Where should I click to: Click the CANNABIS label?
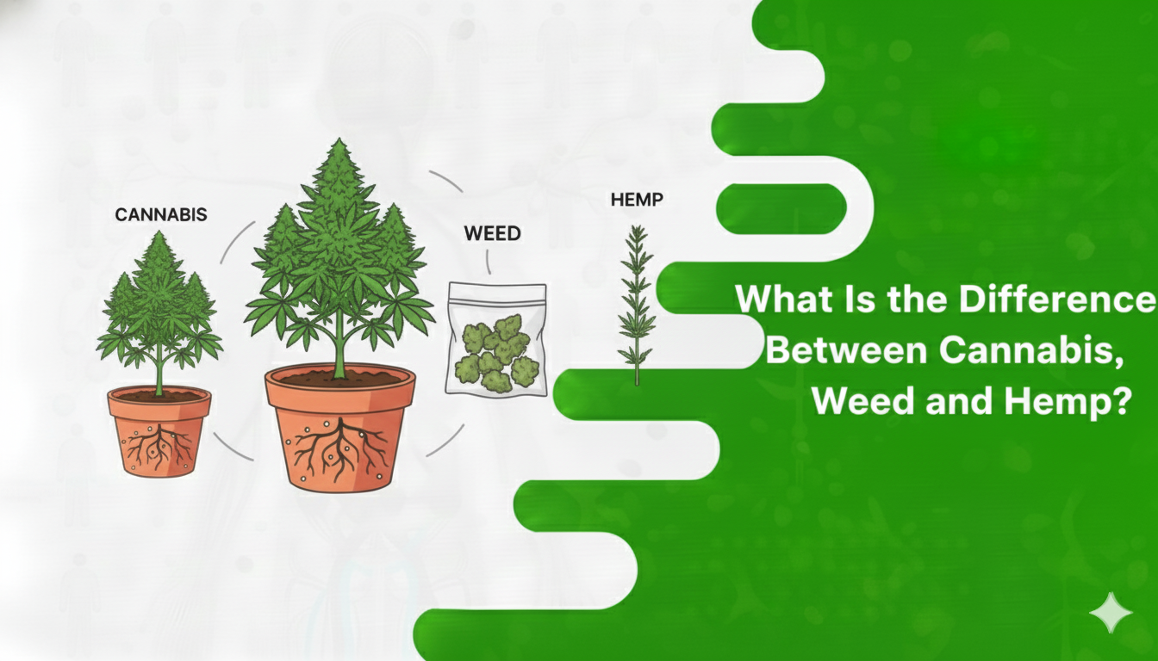161,214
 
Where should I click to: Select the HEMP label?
636,201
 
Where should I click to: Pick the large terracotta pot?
339,430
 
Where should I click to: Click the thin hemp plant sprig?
637,301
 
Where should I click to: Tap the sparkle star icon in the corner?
1111,613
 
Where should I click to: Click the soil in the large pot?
339,376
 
